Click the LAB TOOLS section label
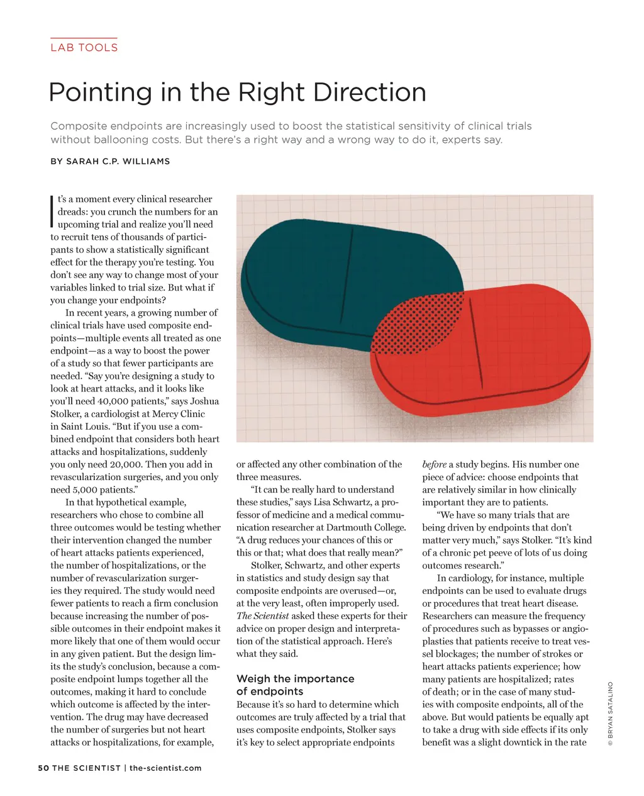(84, 47)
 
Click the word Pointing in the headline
(100, 92)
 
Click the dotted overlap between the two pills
(418, 321)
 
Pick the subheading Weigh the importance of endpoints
(295, 685)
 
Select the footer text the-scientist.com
(165, 768)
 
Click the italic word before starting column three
(434, 464)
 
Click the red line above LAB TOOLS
(84, 38)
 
